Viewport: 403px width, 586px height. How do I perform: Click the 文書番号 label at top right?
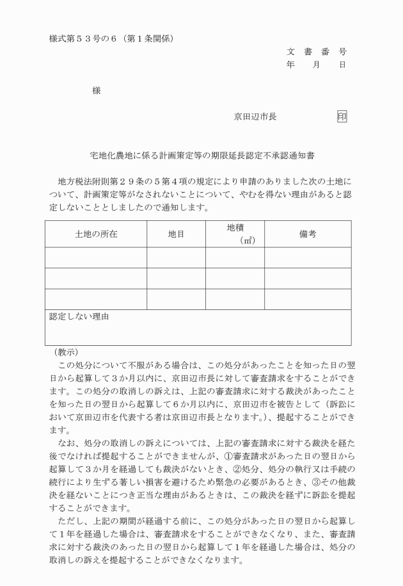tap(317, 51)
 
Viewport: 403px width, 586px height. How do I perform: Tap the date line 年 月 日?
tap(317, 65)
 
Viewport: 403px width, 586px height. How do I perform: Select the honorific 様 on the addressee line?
tap(97, 91)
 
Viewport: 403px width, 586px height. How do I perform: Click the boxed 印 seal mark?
tap(342, 117)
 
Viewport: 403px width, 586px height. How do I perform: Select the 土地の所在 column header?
tap(96, 234)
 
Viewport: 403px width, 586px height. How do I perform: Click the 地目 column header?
tap(176, 234)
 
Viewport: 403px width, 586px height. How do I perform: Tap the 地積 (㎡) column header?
tap(235, 234)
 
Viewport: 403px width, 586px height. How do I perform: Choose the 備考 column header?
tap(308, 234)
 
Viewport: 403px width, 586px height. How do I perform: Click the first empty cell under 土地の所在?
tap(96, 257)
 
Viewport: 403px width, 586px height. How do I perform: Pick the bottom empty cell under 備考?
tap(308, 299)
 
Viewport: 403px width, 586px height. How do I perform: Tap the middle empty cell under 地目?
tap(176, 279)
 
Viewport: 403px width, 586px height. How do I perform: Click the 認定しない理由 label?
tap(79, 316)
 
